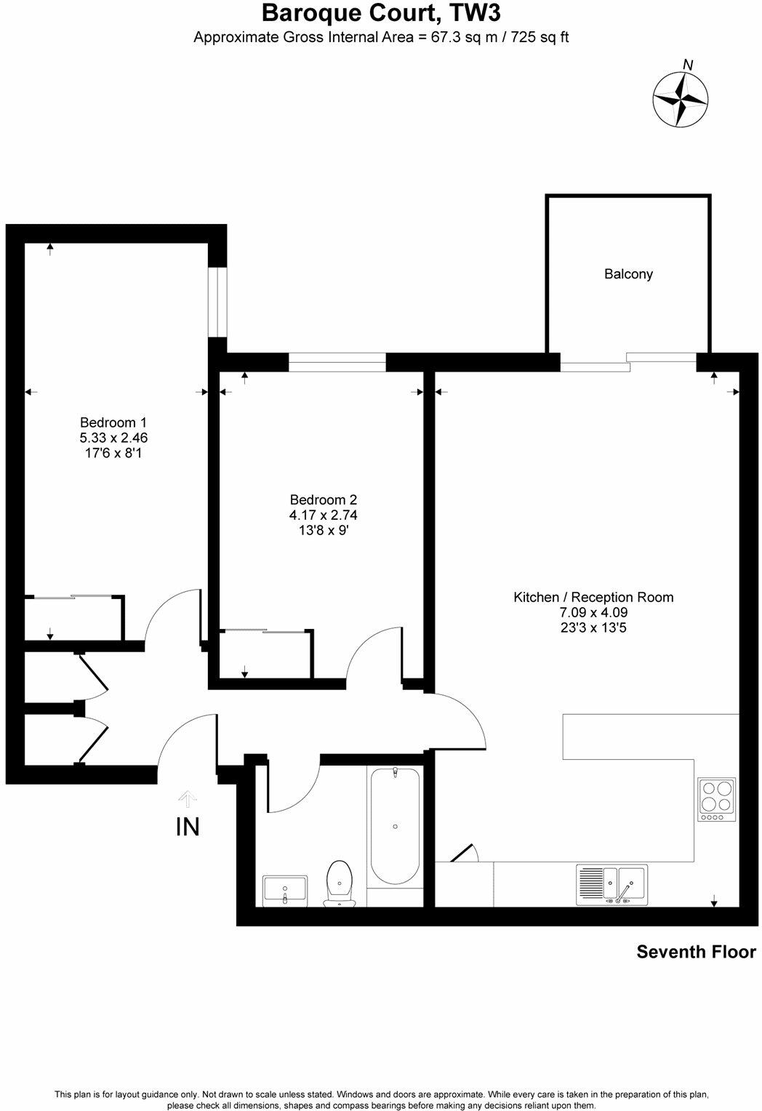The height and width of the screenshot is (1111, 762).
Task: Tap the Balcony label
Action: (628, 274)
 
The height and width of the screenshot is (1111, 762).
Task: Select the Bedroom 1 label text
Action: (113, 422)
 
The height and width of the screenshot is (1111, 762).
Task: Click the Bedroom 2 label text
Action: (324, 500)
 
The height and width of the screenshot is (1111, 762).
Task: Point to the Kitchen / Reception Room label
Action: (593, 597)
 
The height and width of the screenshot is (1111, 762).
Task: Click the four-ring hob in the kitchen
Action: (716, 799)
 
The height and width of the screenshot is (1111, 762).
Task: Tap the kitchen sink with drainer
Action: (611, 884)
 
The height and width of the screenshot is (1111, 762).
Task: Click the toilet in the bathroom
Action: (339, 883)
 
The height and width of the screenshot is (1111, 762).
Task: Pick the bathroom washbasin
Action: (285, 890)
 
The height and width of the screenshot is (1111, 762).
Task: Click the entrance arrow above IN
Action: (188, 799)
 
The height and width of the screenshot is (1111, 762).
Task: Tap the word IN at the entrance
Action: (188, 827)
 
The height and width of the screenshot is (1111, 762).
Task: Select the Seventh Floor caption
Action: (696, 952)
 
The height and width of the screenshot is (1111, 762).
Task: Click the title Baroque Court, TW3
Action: (381, 12)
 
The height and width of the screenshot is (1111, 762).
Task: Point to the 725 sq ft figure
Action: (540, 37)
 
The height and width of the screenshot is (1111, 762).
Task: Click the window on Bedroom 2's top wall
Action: (337, 361)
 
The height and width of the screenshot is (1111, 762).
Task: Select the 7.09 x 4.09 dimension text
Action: (593, 612)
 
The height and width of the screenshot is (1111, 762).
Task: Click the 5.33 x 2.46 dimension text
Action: (113, 438)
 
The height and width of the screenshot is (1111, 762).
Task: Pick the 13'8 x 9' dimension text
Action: (324, 530)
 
